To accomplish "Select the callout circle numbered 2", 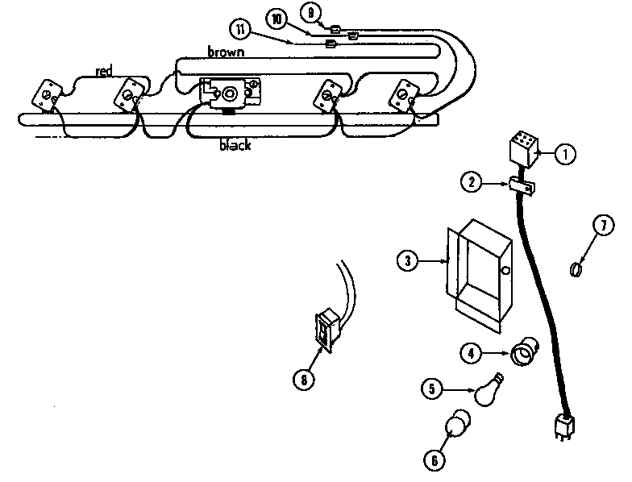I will pos(470,182).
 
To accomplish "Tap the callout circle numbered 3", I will pos(410,260).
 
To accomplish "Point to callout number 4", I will pos(472,352).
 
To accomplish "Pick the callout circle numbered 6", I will pos(434,459).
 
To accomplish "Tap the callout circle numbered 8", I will pos(303,378).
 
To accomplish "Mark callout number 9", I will pos(311,11).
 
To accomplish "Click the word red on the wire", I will pos(104,72).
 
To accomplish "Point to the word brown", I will pos(227,52).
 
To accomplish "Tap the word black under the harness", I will pos(235,147).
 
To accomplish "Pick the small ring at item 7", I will pos(576,268).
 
